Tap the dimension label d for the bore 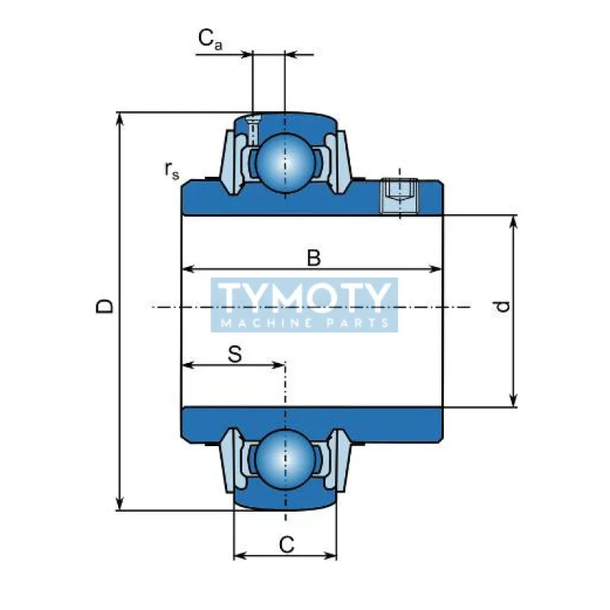501,307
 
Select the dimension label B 313,258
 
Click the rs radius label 172,171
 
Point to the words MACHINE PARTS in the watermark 304,324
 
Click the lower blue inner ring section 313,425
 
